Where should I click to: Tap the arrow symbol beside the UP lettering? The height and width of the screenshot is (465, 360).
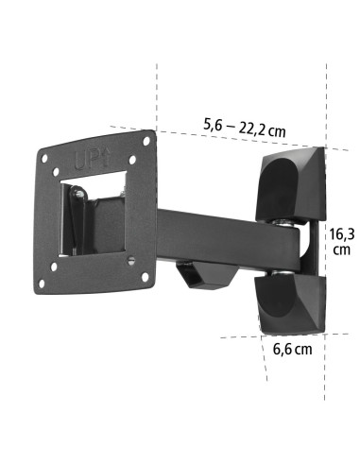coord(106,157)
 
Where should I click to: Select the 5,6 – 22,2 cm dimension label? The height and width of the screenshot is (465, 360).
coord(244,128)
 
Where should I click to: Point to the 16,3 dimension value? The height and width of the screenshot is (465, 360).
coord(341,234)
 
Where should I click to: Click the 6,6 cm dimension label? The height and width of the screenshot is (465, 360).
coord(293,349)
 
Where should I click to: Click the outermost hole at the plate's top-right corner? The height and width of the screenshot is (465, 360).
coord(146,141)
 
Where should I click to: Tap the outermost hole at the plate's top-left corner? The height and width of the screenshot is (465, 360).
coord(44,158)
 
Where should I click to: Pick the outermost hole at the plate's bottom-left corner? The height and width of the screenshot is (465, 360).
coord(42,284)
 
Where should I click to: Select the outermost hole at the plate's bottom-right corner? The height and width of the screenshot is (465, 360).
coord(146,277)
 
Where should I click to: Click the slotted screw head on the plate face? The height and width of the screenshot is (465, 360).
coord(131,260)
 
